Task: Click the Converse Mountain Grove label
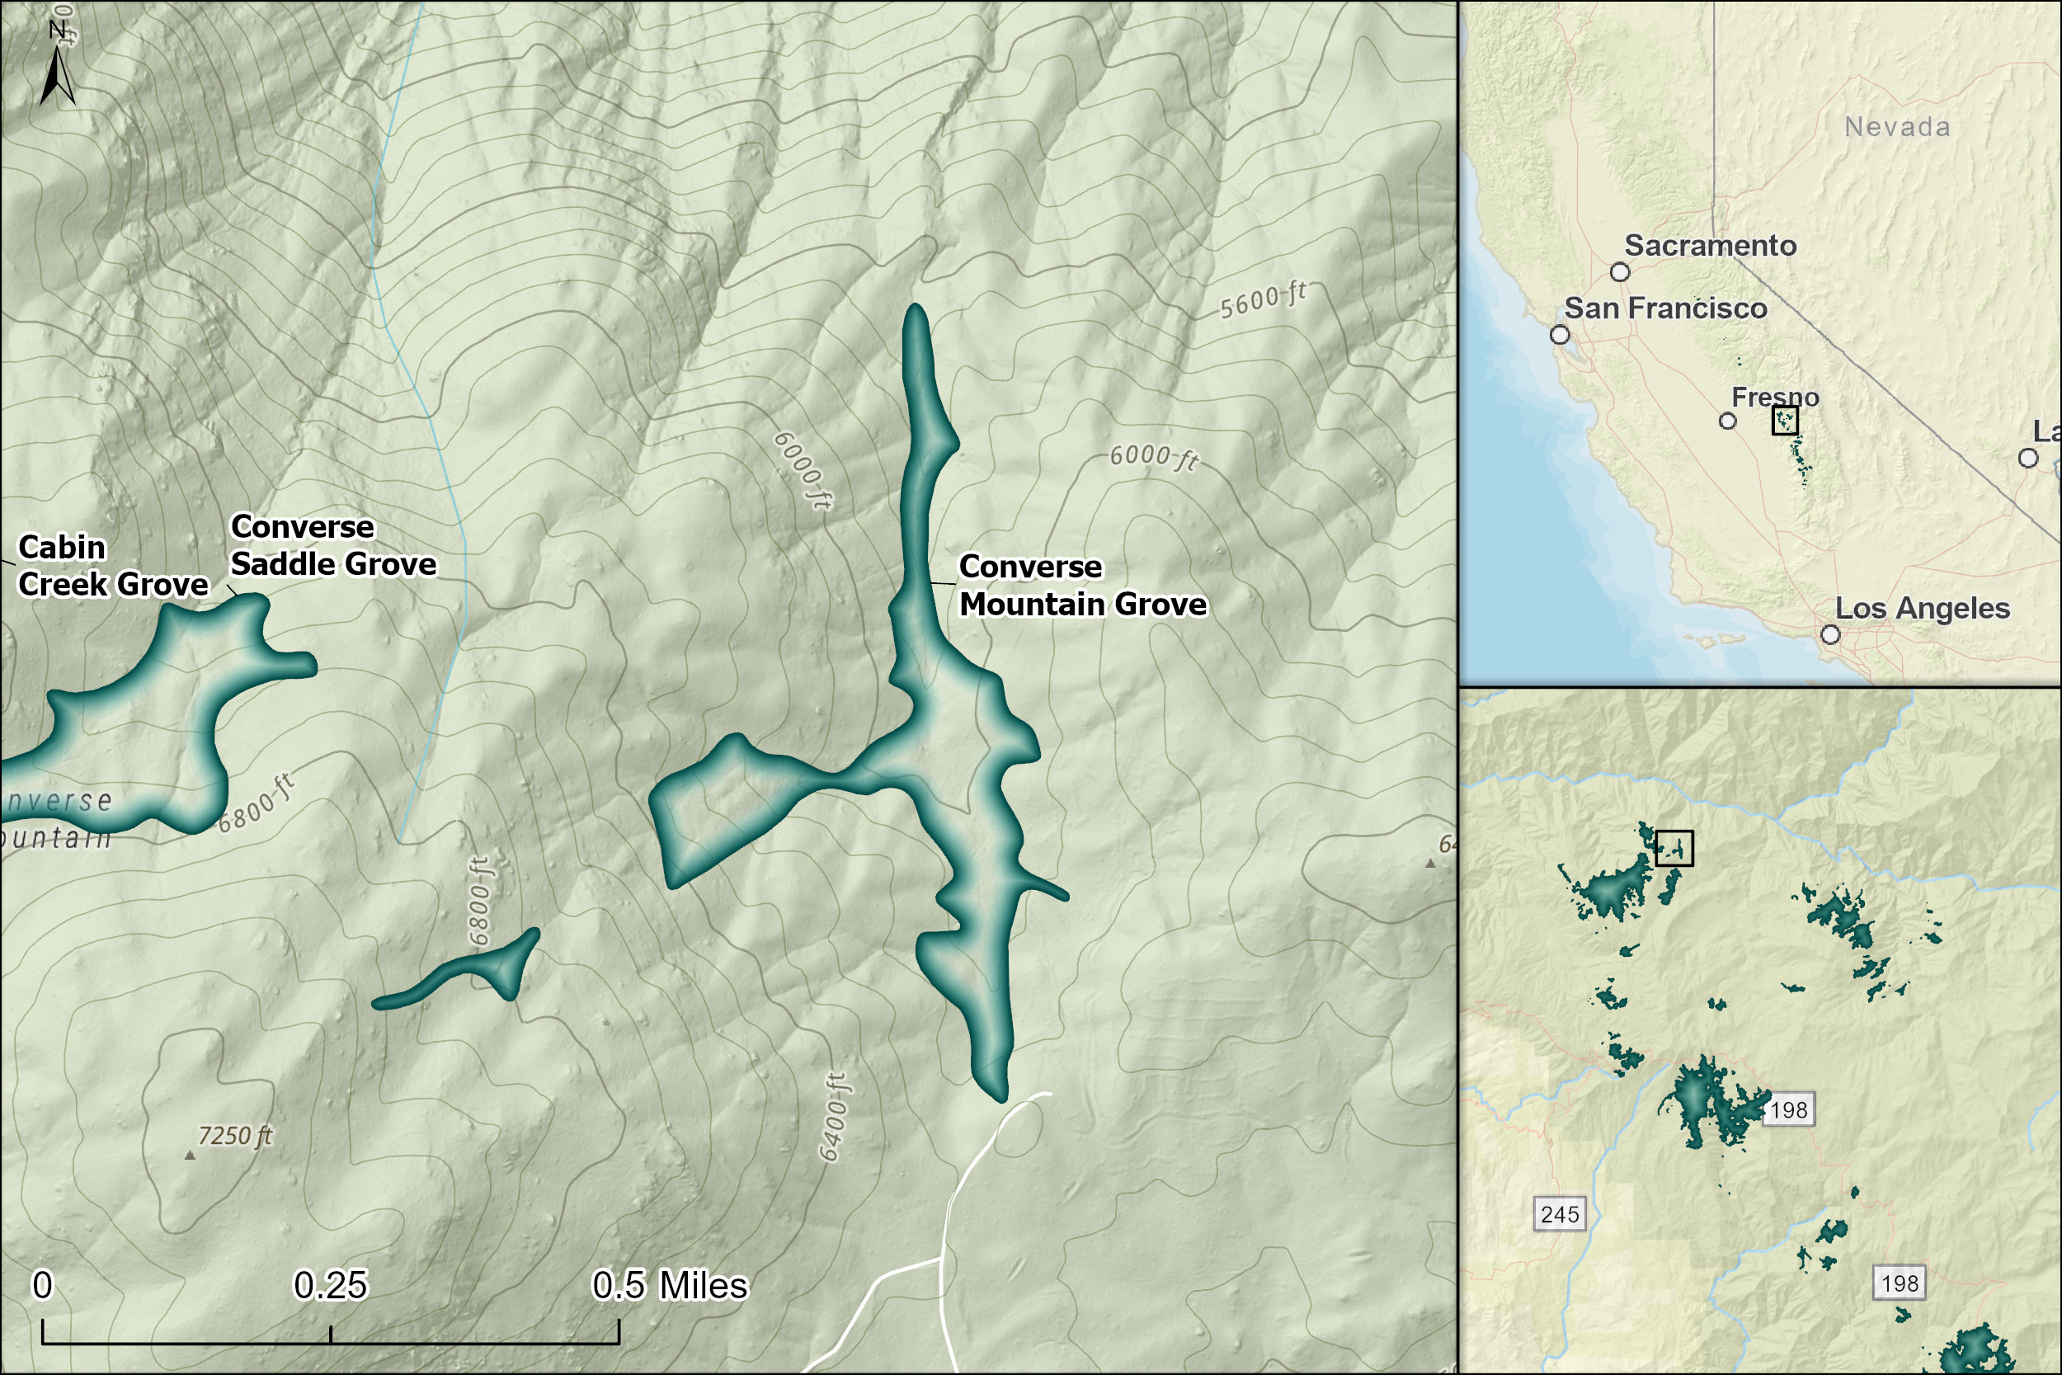click(x=1083, y=586)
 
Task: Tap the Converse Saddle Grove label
click(x=333, y=545)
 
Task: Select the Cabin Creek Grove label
click(x=113, y=566)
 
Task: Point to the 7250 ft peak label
click(x=235, y=1137)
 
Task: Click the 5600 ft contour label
click(x=1263, y=300)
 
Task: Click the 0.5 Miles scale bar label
click(x=670, y=1286)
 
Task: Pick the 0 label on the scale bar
click(x=42, y=1286)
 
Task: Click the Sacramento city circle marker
click(x=1620, y=272)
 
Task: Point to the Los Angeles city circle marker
click(x=1830, y=634)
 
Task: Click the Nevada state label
click(x=1897, y=127)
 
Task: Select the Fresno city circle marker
click(x=1727, y=421)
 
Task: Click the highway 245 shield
click(x=1560, y=1214)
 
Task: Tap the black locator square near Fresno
click(x=1785, y=420)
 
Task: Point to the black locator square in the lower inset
click(x=1674, y=848)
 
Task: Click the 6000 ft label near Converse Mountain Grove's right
click(x=1153, y=457)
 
